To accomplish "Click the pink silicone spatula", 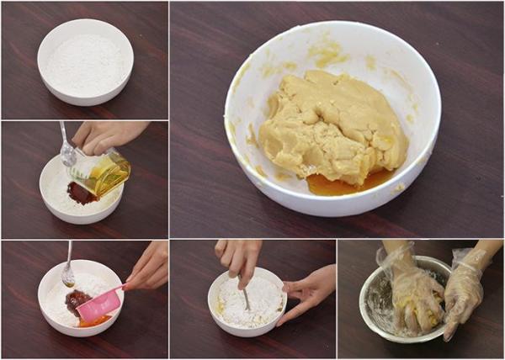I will [98, 305].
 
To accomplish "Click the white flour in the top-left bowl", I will [85, 64].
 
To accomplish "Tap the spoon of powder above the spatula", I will [68, 273].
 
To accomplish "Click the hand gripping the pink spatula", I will [148, 267].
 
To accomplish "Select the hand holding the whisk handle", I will [239, 257].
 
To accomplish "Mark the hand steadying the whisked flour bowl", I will [308, 290].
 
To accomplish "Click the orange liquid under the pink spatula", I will [95, 320].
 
